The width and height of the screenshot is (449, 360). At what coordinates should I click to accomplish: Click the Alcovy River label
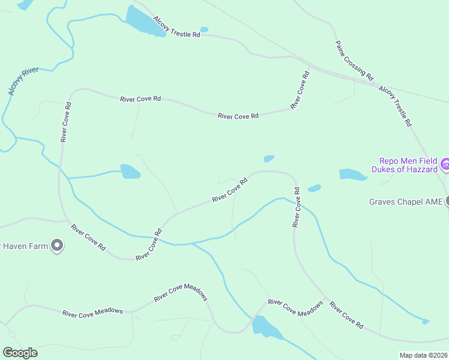[x=23, y=82]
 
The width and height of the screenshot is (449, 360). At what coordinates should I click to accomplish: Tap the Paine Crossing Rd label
[x=354, y=61]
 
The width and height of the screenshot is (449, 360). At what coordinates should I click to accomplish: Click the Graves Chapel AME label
[x=405, y=202]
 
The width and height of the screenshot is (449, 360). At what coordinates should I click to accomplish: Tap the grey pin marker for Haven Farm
[x=57, y=245]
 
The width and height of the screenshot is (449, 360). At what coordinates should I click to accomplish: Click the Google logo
[x=20, y=353]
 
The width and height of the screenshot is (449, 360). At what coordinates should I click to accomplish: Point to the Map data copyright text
[x=423, y=355]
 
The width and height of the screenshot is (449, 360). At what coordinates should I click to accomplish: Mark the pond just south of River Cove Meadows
[x=265, y=328]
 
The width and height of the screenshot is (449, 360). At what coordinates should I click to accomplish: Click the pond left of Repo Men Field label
[x=352, y=175]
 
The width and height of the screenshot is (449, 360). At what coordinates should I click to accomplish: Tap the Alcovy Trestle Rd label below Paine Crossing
[x=395, y=106]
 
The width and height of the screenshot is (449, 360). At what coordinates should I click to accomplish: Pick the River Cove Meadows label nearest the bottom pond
[x=295, y=307]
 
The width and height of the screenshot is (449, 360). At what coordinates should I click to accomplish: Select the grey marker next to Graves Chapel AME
[x=447, y=202]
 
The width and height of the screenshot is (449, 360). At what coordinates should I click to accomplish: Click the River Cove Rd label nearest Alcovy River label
[x=65, y=122]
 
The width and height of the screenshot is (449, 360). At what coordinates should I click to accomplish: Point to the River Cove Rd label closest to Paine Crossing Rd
[x=300, y=90]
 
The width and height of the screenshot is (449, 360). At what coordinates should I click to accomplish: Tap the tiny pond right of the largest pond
[x=204, y=29]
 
